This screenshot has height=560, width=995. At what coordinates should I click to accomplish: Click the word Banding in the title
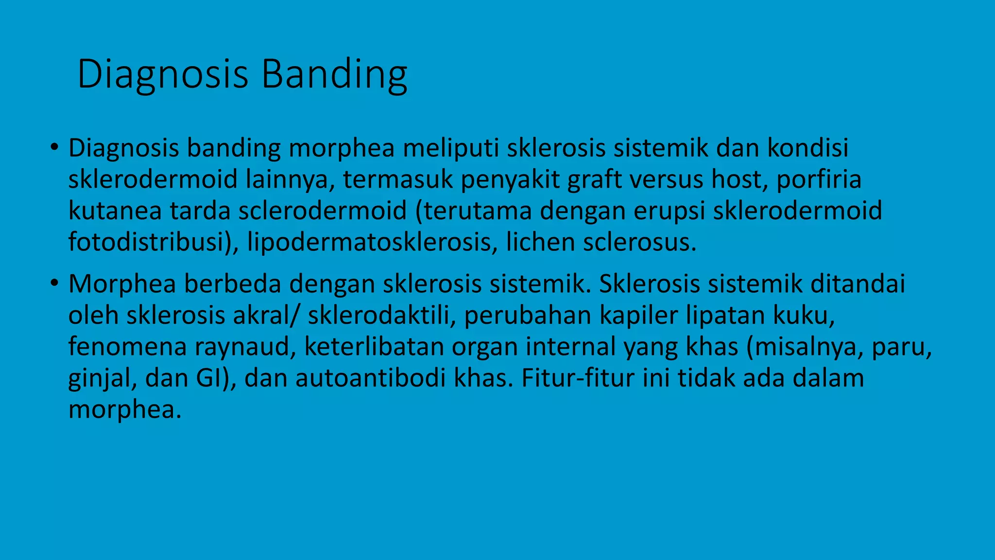(334, 74)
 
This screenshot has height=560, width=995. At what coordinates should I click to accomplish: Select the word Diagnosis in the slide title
(163, 74)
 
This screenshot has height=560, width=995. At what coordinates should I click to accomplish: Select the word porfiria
(819, 179)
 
